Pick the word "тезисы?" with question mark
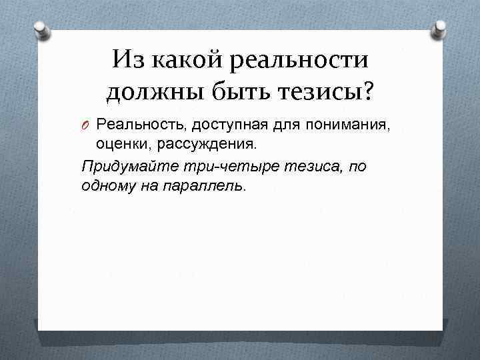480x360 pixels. [327, 92]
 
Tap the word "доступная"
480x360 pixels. [216, 124]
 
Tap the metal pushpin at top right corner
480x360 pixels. [440, 28]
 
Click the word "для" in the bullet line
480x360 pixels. [273, 124]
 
